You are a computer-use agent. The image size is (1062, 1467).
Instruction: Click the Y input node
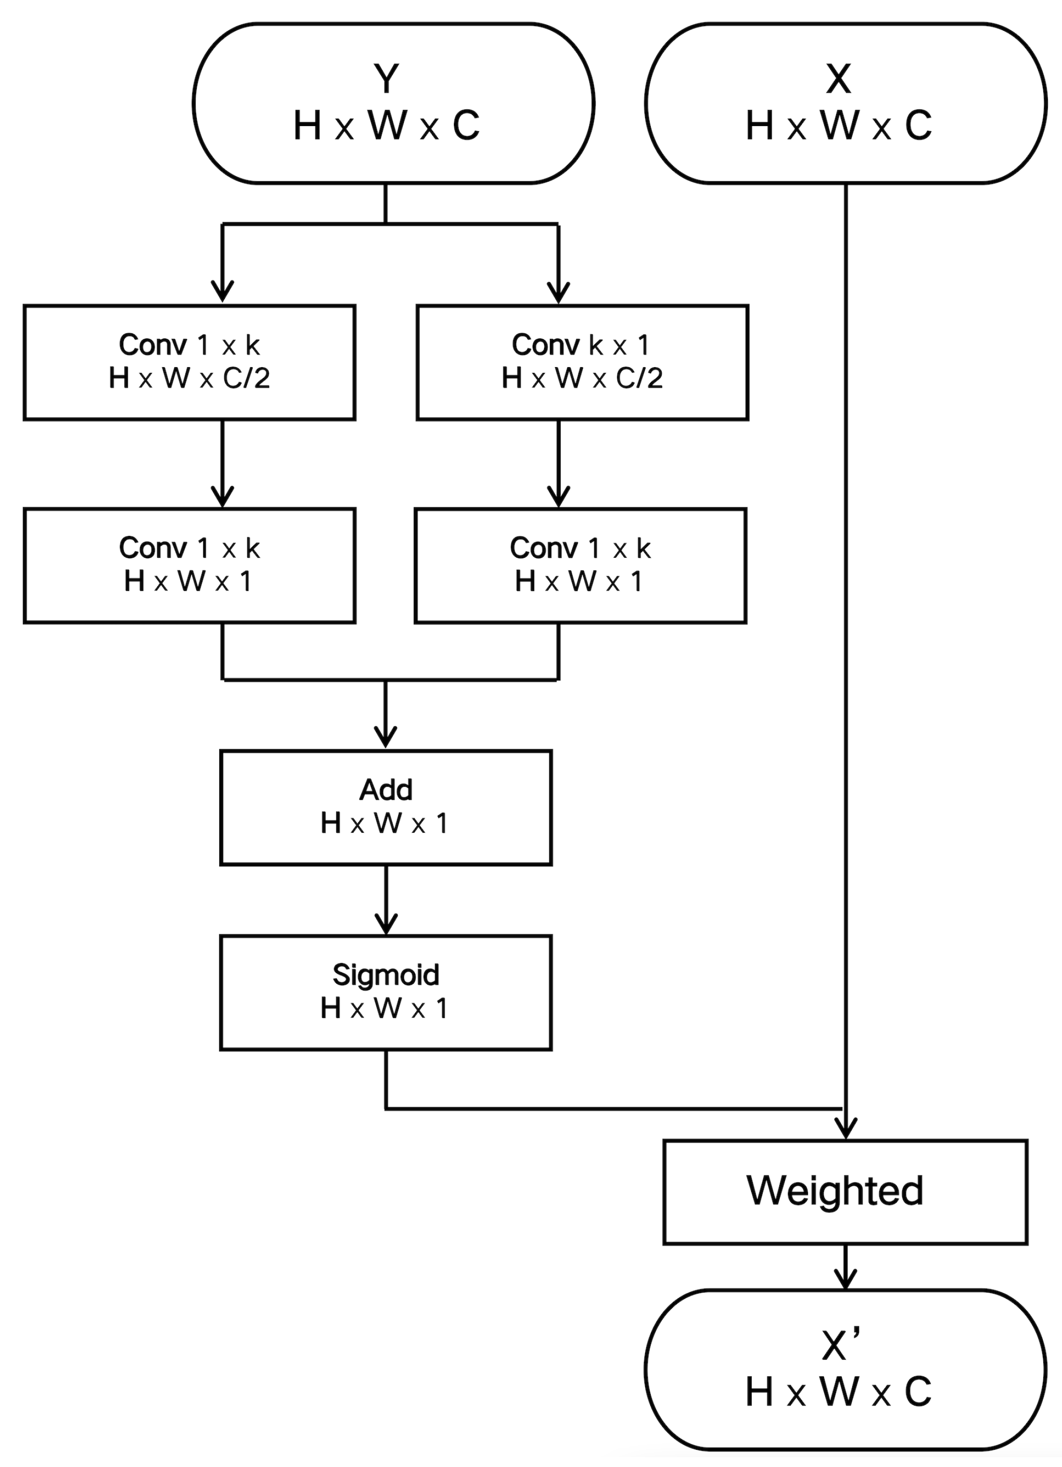(x=393, y=104)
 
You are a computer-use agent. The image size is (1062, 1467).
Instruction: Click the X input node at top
(x=845, y=104)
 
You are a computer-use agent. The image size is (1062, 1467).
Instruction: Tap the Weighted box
(x=845, y=1192)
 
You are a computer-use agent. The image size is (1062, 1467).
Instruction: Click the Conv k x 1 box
(x=582, y=362)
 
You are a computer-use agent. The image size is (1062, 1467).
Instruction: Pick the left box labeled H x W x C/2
(x=189, y=362)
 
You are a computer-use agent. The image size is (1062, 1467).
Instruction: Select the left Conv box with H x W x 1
(x=189, y=566)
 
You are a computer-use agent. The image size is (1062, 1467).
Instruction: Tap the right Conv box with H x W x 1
(x=580, y=566)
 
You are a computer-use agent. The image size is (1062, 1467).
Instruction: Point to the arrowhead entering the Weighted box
(x=845, y=1128)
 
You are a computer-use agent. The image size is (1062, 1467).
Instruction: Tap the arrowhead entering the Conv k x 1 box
(x=558, y=292)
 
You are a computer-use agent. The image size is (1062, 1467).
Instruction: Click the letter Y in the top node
(x=386, y=79)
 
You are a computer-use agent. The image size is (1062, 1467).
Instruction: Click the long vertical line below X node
(x=845, y=647)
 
